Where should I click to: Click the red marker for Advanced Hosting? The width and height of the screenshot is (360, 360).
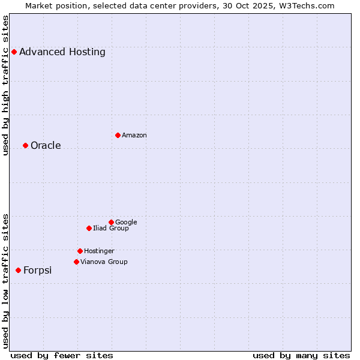14,52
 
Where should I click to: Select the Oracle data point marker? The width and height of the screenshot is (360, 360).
25,145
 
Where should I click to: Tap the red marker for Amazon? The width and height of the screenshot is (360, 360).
118,135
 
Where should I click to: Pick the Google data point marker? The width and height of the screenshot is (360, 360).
111,222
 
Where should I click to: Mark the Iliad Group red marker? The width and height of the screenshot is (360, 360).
89,228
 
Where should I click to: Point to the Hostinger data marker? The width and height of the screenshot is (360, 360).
80,251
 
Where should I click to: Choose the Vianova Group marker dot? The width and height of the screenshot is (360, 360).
76,262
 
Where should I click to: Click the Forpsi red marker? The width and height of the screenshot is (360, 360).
18,271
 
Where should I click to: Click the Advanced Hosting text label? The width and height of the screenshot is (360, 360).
62,52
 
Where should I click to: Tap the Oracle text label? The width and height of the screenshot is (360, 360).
46,146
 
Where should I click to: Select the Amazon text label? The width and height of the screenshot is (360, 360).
134,136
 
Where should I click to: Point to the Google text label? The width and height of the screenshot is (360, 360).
126,223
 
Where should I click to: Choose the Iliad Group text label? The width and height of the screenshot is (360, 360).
111,229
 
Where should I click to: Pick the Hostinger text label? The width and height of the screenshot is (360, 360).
99,251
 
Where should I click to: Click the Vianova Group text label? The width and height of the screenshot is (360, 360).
104,262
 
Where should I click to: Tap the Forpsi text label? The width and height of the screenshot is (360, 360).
37,271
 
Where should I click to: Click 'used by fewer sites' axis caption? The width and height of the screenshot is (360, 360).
62,355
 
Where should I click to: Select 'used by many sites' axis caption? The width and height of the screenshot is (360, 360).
301,355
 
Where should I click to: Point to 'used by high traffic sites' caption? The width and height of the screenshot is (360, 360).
5,85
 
